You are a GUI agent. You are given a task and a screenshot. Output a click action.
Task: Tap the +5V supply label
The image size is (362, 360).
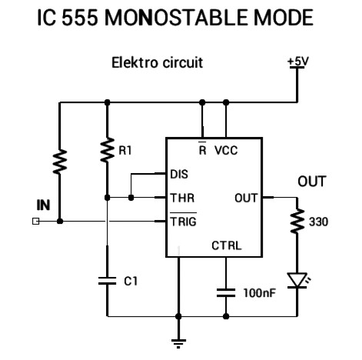(x=297, y=62)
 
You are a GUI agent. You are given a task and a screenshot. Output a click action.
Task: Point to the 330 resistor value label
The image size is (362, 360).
(x=318, y=222)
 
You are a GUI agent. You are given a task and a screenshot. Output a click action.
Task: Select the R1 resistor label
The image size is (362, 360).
(x=125, y=152)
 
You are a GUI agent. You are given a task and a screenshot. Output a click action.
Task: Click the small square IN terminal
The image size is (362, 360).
(x=35, y=222)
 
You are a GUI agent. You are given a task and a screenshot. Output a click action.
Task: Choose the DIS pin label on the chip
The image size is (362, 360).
(x=178, y=174)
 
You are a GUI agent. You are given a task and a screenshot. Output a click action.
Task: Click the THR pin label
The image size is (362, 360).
(x=179, y=198)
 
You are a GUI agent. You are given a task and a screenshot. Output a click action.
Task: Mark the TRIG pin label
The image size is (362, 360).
(x=181, y=222)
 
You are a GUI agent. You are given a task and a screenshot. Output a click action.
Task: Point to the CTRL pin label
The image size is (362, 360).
(x=227, y=246)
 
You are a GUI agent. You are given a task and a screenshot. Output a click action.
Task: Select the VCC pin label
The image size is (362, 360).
(x=226, y=151)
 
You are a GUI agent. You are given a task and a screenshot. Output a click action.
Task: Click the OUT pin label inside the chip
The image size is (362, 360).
(x=245, y=198)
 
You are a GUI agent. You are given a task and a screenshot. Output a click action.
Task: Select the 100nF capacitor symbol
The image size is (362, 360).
(x=226, y=292)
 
